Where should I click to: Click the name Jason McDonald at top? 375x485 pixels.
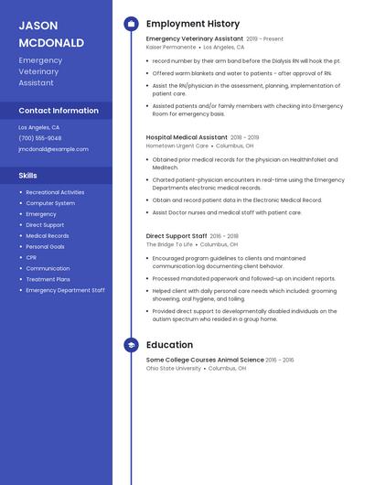tap(51, 34)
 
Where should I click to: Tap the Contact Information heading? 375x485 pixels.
tap(59, 111)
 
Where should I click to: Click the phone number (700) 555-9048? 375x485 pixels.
tap(40, 138)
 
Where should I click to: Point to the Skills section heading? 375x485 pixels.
tap(28, 175)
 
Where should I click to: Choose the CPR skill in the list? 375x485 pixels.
tap(31, 258)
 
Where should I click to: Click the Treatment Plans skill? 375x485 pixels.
tap(48, 279)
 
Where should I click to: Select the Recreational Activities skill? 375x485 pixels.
tap(55, 192)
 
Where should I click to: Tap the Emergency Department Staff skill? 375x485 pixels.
tap(65, 290)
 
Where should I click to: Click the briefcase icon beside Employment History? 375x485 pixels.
tap(131, 24)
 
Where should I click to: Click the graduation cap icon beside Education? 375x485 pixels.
tap(131, 345)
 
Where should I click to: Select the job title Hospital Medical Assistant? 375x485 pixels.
tap(187, 136)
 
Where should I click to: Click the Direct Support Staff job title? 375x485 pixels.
tap(177, 236)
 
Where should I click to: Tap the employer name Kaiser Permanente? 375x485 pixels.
tap(171, 47)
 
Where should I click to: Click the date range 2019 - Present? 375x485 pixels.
tap(265, 39)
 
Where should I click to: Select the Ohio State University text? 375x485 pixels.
tap(174, 368)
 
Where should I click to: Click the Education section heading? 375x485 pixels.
tap(169, 345)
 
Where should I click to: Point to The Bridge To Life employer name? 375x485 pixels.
tap(169, 244)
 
